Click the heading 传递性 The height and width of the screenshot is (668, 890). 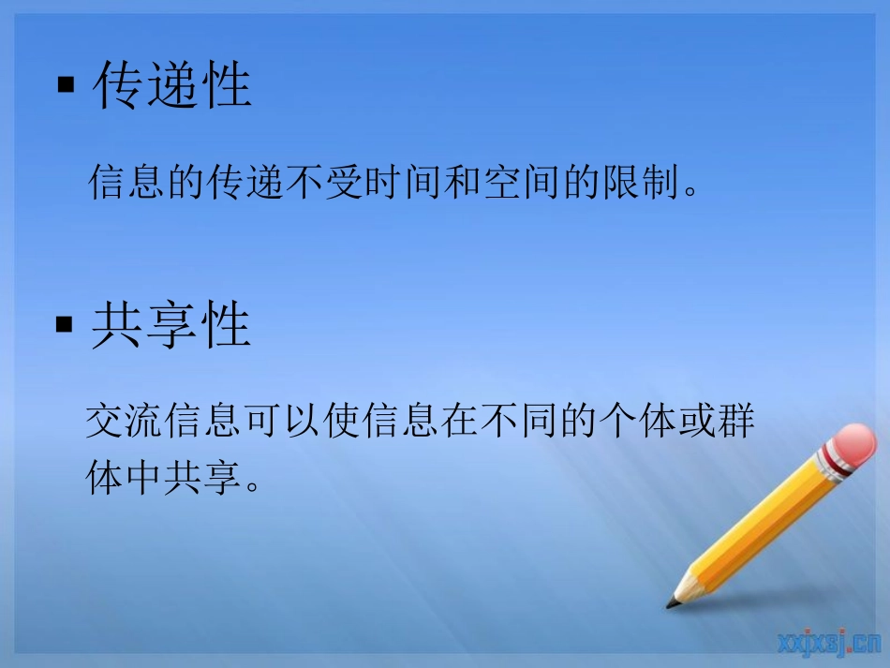pyautogui.click(x=172, y=86)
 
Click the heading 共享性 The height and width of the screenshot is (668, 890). pyautogui.click(x=172, y=327)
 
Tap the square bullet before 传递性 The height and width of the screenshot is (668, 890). pyautogui.click(x=66, y=86)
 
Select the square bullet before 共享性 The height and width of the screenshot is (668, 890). pyautogui.click(x=65, y=326)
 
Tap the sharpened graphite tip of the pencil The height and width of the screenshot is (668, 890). pyautogui.click(x=672, y=602)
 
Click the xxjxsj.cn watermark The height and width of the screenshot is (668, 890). pyautogui.click(x=828, y=642)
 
